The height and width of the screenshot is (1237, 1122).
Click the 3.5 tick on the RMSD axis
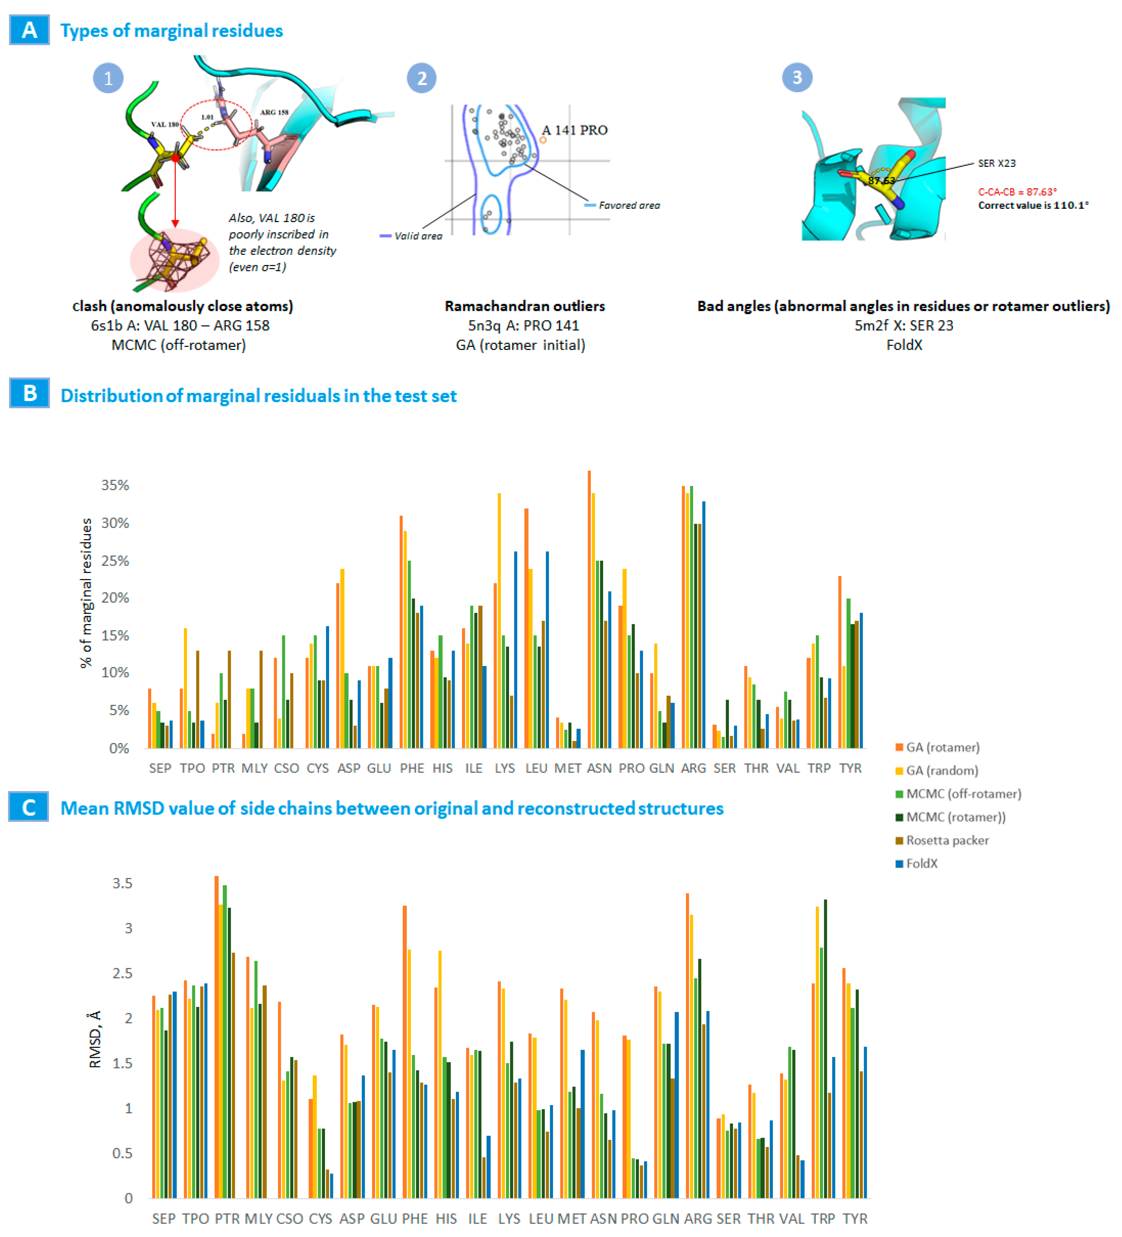click(122, 883)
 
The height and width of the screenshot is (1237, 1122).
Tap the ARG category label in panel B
click(693, 768)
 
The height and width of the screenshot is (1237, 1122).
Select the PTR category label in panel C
click(227, 1218)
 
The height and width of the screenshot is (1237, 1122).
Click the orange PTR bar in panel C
click(216, 1037)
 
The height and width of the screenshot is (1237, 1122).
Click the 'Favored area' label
click(629, 206)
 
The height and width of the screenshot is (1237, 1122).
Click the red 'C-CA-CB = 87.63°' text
click(1017, 192)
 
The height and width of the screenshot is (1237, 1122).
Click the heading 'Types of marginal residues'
click(172, 31)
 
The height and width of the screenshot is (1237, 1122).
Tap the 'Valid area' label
click(418, 236)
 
